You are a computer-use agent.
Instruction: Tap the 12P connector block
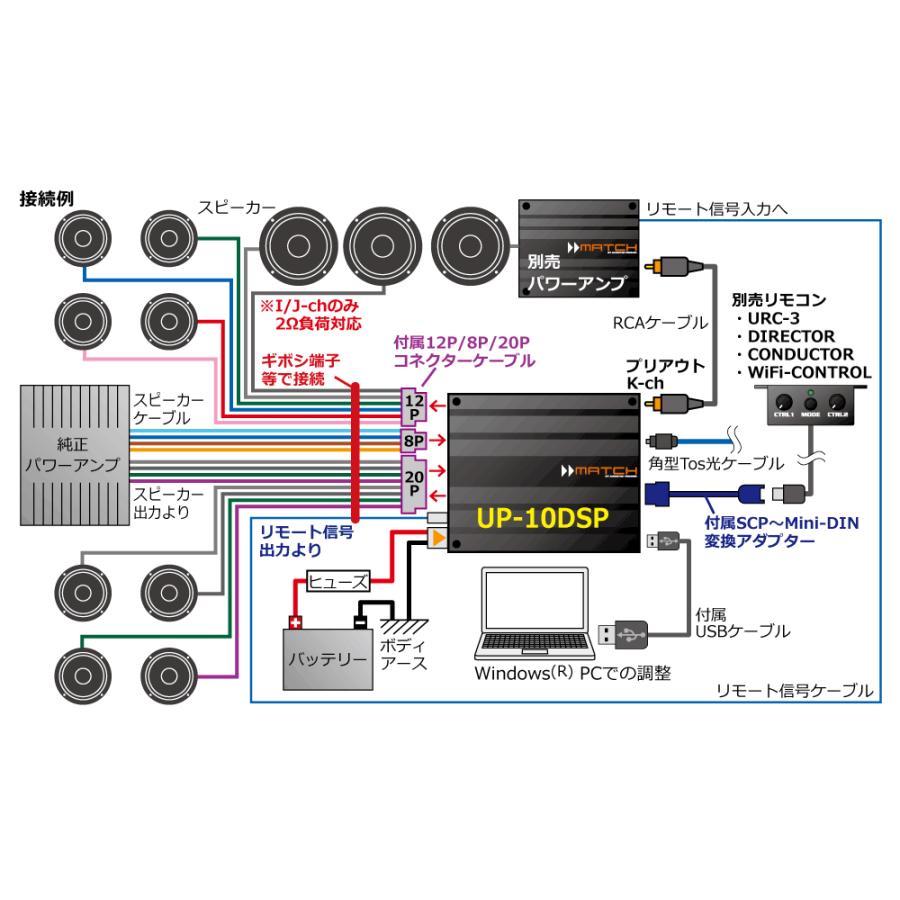click(x=414, y=405)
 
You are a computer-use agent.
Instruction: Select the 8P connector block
click(x=414, y=441)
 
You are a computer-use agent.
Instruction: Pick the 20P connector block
click(x=414, y=484)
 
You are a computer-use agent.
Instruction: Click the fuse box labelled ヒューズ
click(x=339, y=579)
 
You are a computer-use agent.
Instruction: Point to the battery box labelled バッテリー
click(x=328, y=658)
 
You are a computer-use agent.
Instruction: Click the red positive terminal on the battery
click(x=295, y=622)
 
